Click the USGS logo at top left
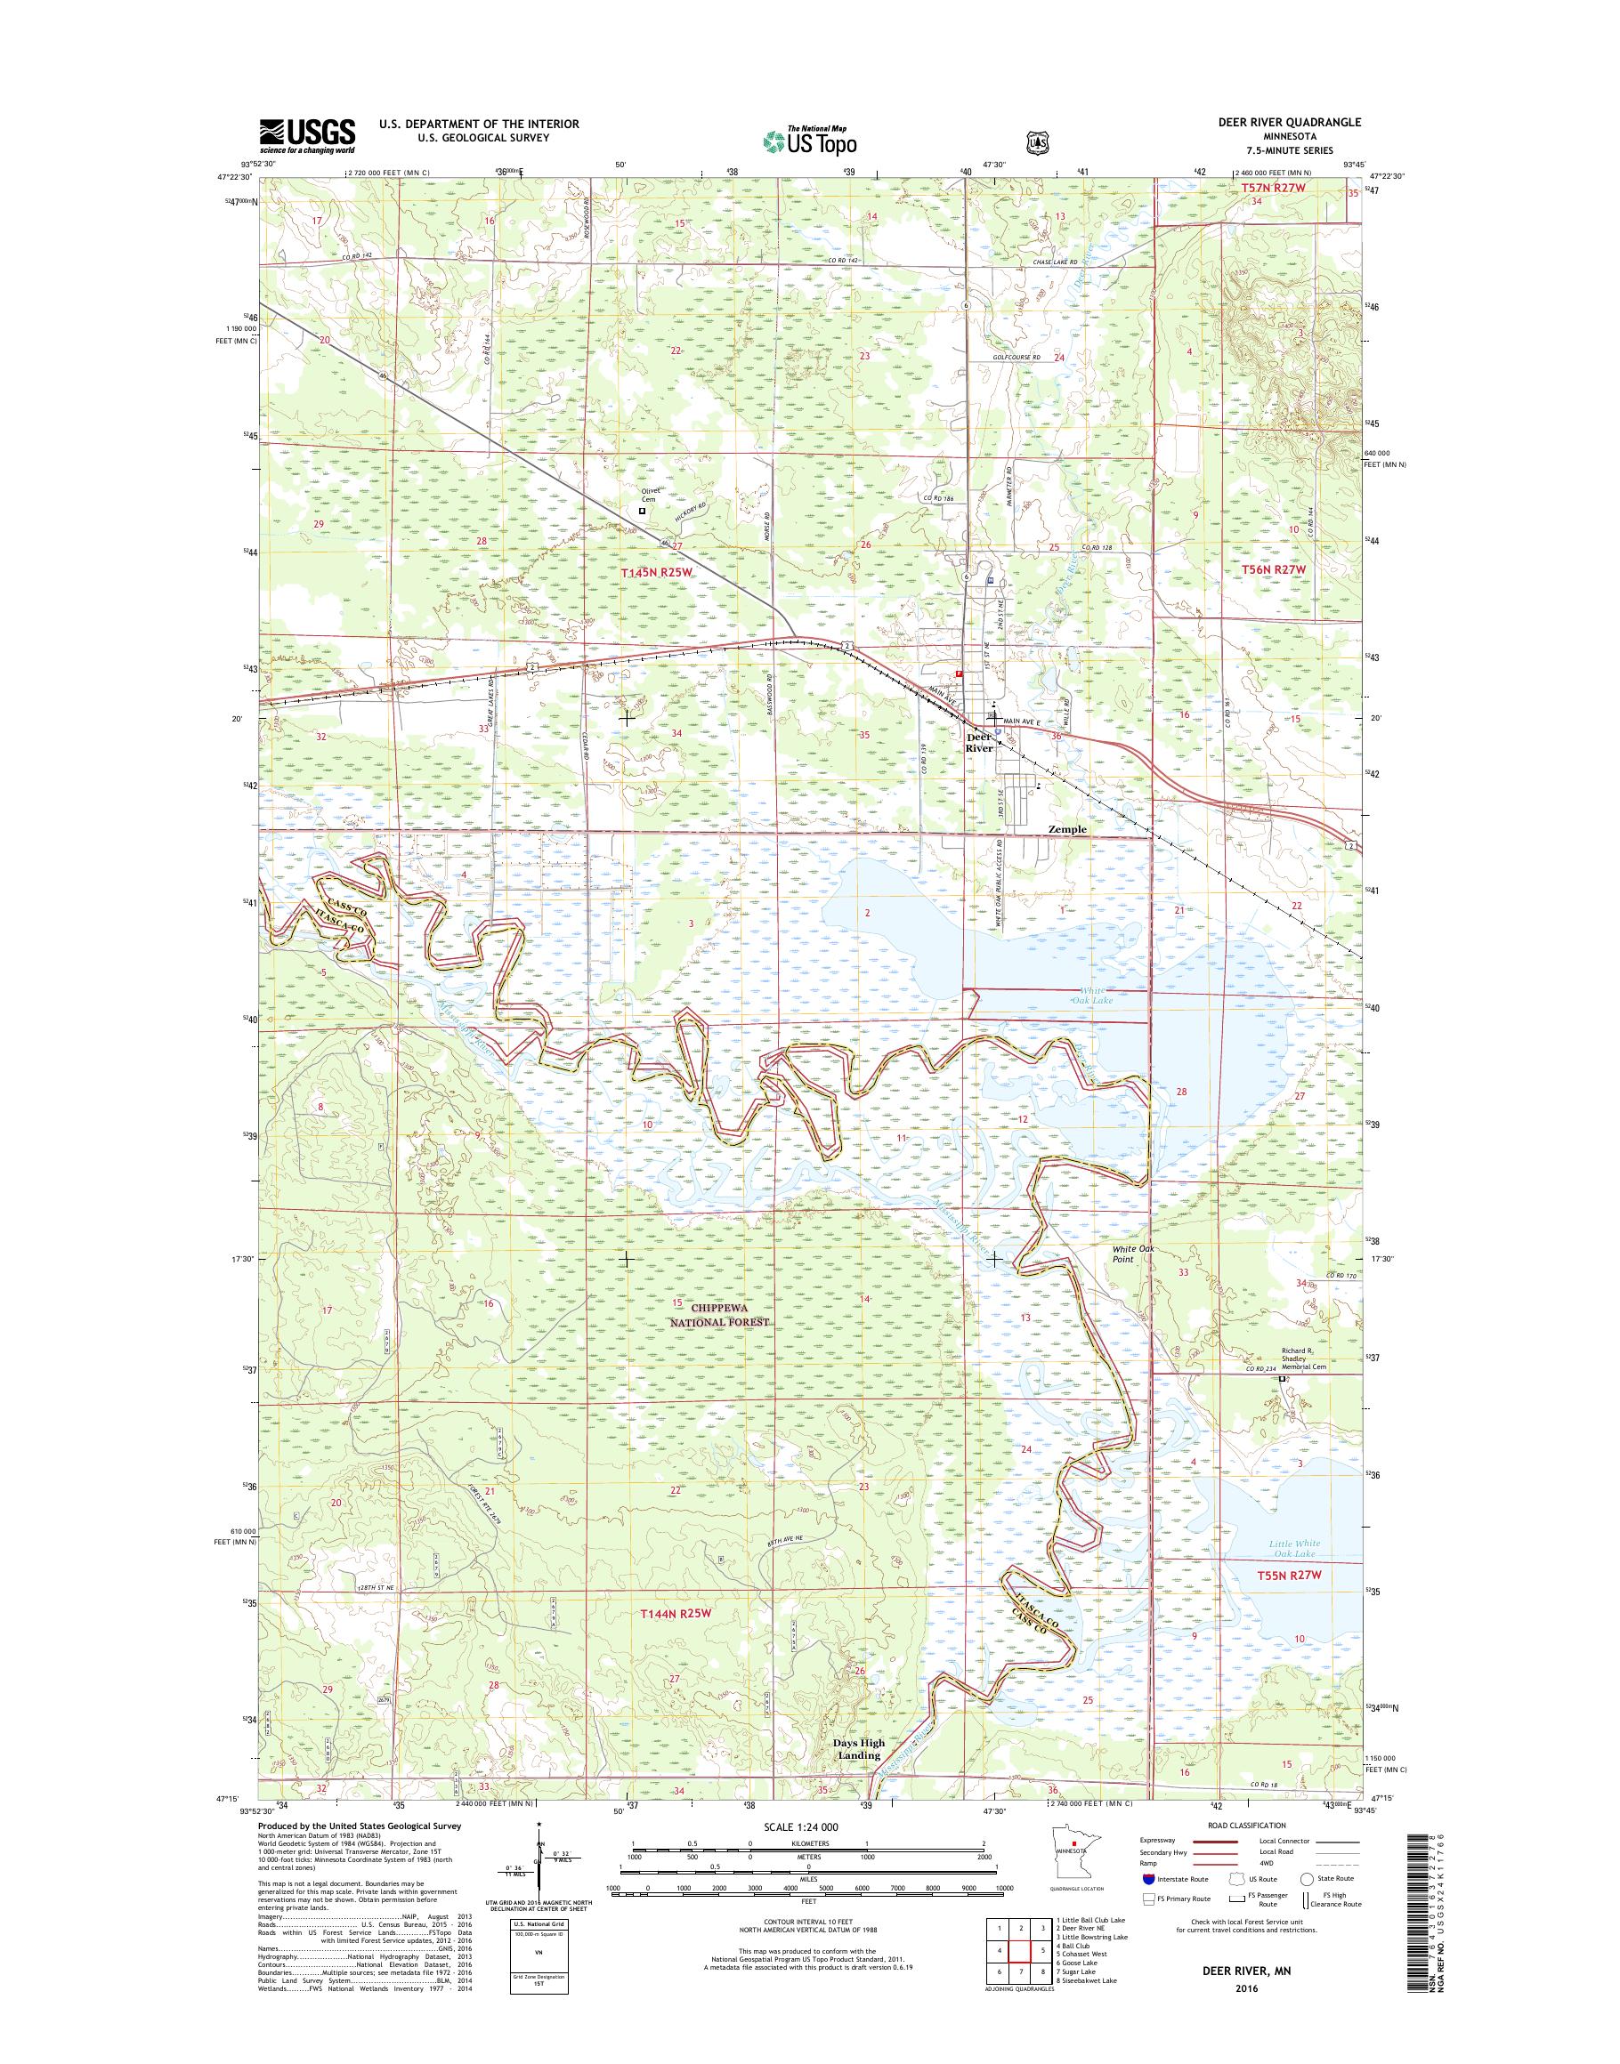(307, 136)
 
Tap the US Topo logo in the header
(809, 141)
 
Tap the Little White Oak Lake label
(1293, 1549)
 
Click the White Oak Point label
(1133, 1254)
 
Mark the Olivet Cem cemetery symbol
(642, 510)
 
